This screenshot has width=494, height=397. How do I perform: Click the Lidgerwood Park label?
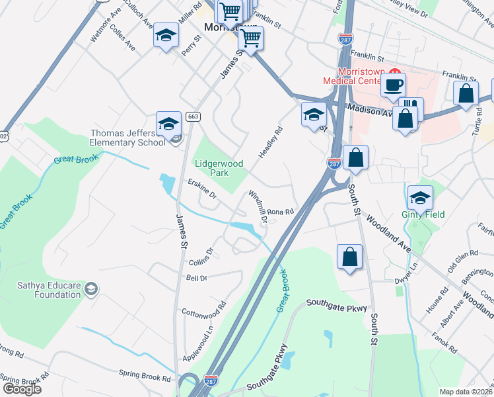[x=219, y=167]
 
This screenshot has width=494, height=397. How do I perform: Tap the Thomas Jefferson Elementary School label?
[x=128, y=138]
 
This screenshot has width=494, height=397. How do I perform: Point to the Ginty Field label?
[x=423, y=214]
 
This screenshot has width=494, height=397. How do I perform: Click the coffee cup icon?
[x=393, y=85]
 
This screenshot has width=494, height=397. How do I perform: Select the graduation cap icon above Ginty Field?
[x=419, y=197]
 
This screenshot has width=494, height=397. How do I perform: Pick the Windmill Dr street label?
[x=258, y=207]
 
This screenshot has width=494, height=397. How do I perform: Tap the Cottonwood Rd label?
[x=203, y=309]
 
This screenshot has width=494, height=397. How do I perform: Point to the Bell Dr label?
[x=197, y=279]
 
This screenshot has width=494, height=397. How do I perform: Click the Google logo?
[x=22, y=389]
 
